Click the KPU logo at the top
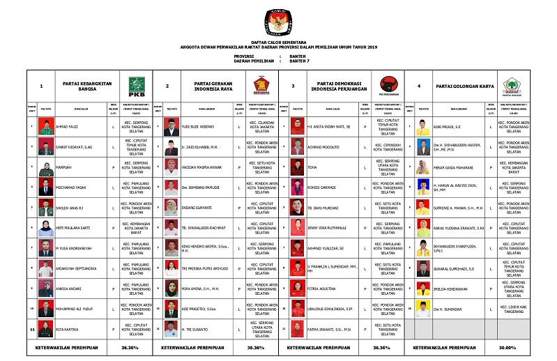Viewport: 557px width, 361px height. tap(278, 22)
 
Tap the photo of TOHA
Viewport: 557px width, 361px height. tap(296, 168)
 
